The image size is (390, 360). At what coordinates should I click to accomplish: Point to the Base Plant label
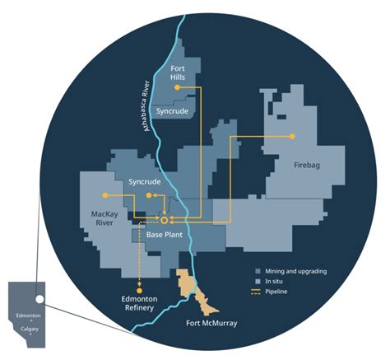click(x=164, y=235)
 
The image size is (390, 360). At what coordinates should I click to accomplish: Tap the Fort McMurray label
click(x=211, y=323)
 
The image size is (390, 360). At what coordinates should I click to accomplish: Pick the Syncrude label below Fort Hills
click(x=174, y=110)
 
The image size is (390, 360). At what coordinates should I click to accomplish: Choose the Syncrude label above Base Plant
click(x=145, y=180)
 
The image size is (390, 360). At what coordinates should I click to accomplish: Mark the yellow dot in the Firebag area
click(x=291, y=135)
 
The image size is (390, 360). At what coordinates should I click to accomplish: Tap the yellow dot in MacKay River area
click(x=105, y=195)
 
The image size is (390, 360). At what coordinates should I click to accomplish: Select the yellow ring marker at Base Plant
click(x=165, y=221)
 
